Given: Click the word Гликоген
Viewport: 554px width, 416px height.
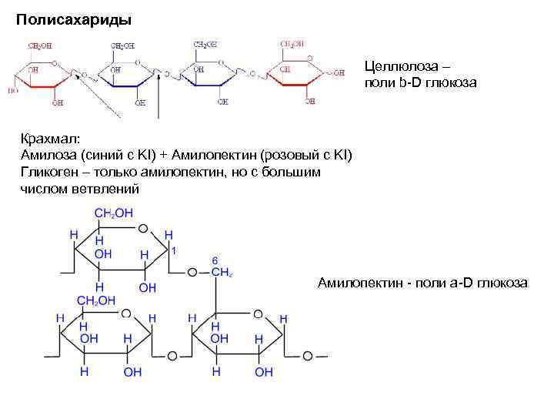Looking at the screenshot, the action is tap(52, 172).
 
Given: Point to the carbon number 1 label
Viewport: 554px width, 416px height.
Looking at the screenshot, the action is tap(175, 250).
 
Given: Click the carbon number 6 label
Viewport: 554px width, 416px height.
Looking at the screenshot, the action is tap(215, 260).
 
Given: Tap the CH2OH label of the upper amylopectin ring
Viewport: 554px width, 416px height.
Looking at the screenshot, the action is tap(114, 213).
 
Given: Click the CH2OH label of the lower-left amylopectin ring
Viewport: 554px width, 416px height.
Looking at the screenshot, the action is tap(97, 300).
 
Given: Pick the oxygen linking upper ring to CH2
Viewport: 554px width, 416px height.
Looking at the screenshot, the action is tap(193, 271).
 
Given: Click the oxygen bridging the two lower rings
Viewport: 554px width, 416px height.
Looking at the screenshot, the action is tap(172, 357).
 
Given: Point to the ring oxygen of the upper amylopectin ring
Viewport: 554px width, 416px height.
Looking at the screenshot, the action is tap(143, 229).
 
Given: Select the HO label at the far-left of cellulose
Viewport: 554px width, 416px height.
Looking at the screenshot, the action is tap(13, 90).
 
